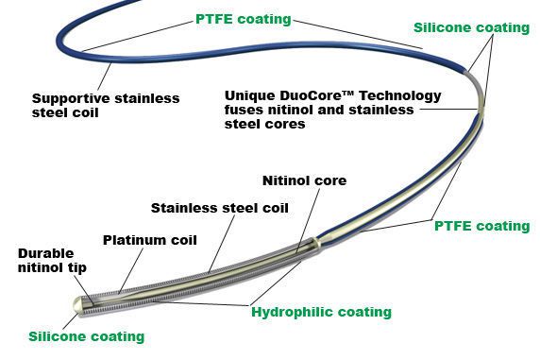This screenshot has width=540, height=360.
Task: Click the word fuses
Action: [x=245, y=110]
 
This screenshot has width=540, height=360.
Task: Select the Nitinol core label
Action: [x=304, y=180]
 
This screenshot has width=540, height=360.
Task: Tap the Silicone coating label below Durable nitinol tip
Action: [x=86, y=336]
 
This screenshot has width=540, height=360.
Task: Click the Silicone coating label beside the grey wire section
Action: [x=471, y=28]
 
